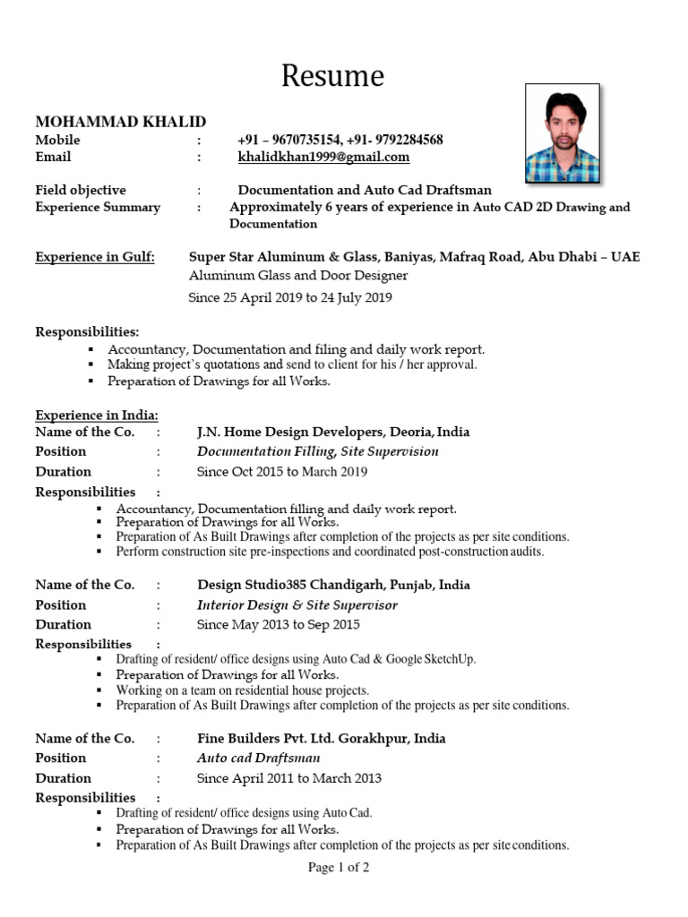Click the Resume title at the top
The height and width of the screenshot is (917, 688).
point(332,76)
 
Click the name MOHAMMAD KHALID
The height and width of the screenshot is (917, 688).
point(120,121)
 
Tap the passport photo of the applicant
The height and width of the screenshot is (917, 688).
point(562,133)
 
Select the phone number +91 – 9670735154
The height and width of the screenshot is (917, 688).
point(289,140)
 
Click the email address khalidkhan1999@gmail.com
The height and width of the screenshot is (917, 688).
point(323,157)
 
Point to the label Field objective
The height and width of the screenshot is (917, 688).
point(81,190)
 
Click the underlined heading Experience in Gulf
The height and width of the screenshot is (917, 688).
point(95,258)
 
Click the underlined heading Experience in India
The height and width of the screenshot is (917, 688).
point(97,415)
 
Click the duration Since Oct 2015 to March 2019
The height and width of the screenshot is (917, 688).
point(281,471)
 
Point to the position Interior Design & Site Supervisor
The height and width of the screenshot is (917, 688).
point(297,604)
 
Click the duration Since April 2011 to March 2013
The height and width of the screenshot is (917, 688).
point(288,778)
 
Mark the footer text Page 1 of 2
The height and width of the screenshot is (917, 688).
point(339,867)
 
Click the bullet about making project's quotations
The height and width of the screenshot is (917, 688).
point(292,364)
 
